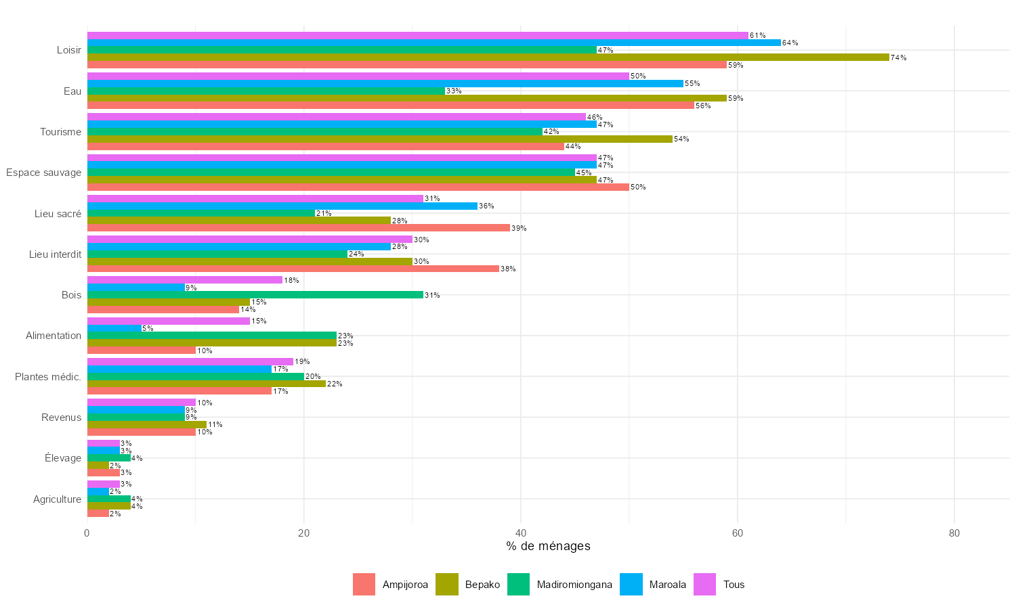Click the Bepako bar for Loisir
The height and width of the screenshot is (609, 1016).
pos(488,58)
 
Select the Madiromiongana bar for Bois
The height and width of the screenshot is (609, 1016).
pos(255,295)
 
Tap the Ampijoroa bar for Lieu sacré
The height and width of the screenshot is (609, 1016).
pos(298,228)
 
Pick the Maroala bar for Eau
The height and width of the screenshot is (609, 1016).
pos(385,83)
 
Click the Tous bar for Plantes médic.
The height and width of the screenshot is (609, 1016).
pos(190,361)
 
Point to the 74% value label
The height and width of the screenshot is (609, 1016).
pos(899,58)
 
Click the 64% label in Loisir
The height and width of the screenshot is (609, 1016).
pos(790,43)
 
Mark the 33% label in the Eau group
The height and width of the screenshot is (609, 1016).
pos(454,91)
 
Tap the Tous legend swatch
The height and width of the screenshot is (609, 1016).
pos(704,585)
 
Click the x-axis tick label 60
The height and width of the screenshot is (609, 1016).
pos(738,533)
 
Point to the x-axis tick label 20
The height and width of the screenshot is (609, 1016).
pos(303,533)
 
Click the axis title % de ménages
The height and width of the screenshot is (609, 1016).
pos(548,546)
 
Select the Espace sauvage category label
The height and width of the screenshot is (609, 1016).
pos(44,173)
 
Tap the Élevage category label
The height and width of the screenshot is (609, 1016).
pos(63,458)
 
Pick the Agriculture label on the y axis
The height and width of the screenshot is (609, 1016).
pos(57,499)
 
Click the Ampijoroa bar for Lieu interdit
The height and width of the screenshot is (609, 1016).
pos(293,269)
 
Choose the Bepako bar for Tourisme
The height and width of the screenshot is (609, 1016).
pos(379,139)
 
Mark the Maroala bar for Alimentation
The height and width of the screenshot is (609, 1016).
pos(114,328)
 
